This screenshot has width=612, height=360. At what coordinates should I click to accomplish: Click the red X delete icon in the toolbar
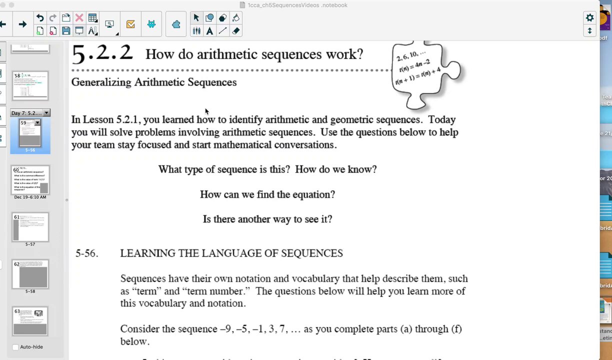pyautogui.click(x=79, y=18)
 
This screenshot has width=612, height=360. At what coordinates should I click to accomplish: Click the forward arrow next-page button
pyautogui.click(x=22, y=24)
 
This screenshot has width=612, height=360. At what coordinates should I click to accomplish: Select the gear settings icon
pyautogui.click(x=589, y=18)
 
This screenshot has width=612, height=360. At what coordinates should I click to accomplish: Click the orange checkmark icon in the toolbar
pyautogui.click(x=130, y=24)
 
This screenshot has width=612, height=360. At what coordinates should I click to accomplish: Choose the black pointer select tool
pyautogui.click(x=196, y=18)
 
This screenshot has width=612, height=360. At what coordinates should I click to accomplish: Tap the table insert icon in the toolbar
pyautogui.click(x=92, y=18)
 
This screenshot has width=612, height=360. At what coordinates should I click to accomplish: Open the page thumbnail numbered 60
pyautogui.click(x=30, y=180)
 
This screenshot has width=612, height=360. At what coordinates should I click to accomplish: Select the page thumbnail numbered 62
pyautogui.click(x=30, y=274)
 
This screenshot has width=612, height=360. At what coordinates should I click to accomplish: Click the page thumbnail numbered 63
pyautogui.click(x=30, y=321)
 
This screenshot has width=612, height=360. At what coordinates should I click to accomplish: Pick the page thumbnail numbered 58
pyautogui.click(x=30, y=85)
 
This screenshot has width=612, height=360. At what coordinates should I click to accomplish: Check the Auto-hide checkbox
pyautogui.click(x=15, y=347)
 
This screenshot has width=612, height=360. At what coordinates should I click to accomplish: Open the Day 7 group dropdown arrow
pyautogui.click(x=46, y=113)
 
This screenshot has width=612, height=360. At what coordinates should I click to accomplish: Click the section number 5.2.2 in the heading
pyautogui.click(x=102, y=53)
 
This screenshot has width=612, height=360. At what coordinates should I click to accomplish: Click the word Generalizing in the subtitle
pyautogui.click(x=101, y=82)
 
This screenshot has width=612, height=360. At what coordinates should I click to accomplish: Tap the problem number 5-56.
pyautogui.click(x=86, y=253)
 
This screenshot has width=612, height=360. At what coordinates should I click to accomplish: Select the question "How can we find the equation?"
pyautogui.click(x=267, y=194)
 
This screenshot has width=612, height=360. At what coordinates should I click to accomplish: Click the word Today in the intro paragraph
pyautogui.click(x=442, y=120)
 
